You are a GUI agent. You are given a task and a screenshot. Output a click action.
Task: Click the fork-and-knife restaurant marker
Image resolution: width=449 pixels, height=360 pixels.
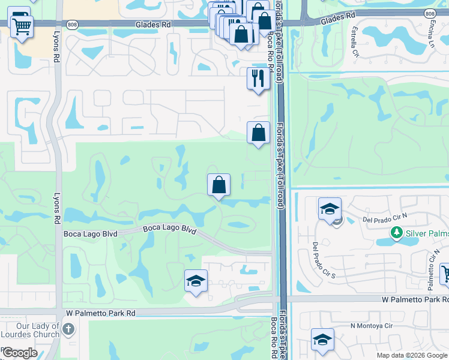[x=258, y=79]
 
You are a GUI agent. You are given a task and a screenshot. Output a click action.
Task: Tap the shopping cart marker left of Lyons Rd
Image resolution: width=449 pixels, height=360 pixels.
[x=22, y=26]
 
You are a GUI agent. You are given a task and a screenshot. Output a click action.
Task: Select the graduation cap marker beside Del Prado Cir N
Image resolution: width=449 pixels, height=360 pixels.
[x=330, y=210]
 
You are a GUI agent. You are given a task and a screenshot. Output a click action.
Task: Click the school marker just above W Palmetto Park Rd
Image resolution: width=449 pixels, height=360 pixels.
[x=195, y=281]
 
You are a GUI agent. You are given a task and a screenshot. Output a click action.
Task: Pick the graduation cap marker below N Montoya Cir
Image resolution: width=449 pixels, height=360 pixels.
[x=322, y=340]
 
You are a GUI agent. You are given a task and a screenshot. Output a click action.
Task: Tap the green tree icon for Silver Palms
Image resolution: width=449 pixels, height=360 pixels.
[x=396, y=232]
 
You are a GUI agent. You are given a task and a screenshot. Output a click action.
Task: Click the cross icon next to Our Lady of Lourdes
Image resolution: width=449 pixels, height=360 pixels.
[x=69, y=329]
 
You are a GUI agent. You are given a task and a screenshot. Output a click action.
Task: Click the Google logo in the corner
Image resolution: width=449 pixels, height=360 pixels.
[x=19, y=353]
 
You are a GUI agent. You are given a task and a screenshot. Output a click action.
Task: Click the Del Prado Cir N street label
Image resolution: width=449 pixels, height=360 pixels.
[x=385, y=219]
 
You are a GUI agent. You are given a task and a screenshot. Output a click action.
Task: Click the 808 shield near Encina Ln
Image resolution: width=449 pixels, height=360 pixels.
[x=429, y=14]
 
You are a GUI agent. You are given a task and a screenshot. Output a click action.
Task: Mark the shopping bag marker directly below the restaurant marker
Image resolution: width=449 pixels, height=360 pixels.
[x=258, y=133]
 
